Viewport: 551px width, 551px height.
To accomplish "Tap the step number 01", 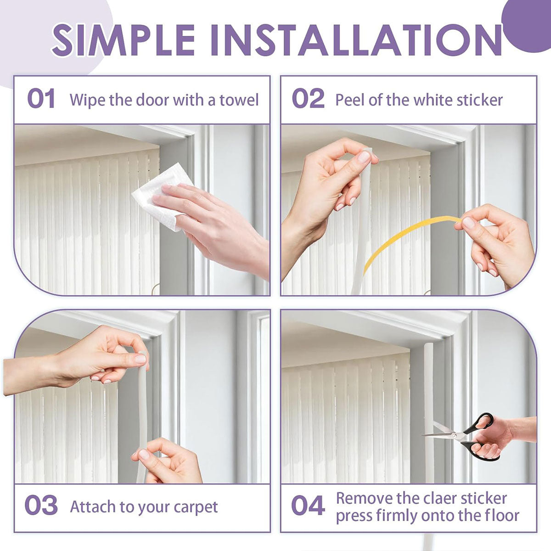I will click(41, 99).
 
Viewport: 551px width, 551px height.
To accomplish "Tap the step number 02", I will click(308, 99).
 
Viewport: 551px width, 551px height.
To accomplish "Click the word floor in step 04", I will click(501, 515).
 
